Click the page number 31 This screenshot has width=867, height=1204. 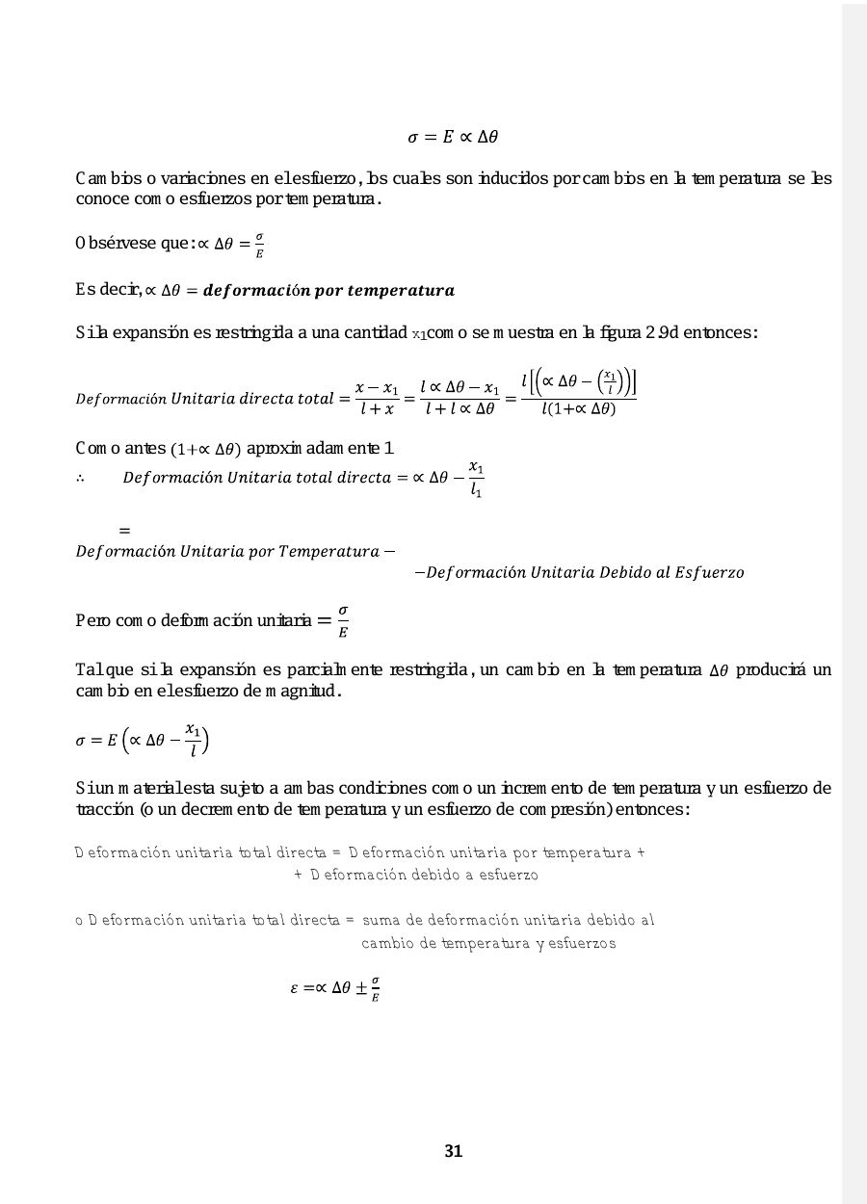[x=454, y=1151]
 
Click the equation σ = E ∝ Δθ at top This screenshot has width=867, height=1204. [x=453, y=138]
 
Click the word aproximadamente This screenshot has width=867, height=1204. [x=314, y=449]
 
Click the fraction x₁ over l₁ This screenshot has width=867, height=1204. [x=475, y=479]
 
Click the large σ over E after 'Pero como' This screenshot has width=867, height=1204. [x=343, y=621]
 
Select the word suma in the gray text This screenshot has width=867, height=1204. [x=381, y=920]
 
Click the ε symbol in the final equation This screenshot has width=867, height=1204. [x=295, y=988]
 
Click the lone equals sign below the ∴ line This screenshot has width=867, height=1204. [x=124, y=530]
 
